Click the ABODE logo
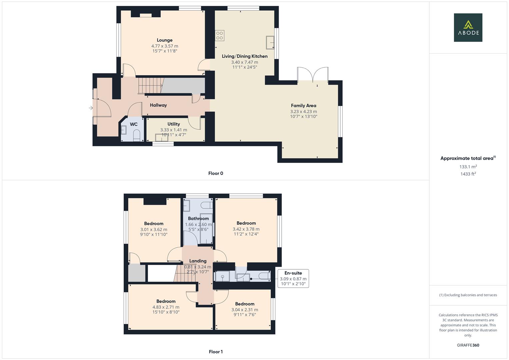click(x=468, y=28)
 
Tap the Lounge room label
click(x=165, y=40)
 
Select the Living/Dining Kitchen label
click(x=245, y=56)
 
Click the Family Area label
click(x=303, y=106)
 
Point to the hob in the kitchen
click(x=219, y=35)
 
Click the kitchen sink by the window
click(x=270, y=43)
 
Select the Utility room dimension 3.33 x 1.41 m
click(x=173, y=130)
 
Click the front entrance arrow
click(x=91, y=108)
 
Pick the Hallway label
click(x=158, y=105)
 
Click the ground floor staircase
click(x=150, y=85)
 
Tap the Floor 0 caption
click(x=215, y=173)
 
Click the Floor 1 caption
click(x=215, y=352)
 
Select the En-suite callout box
click(x=293, y=279)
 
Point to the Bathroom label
click(x=198, y=219)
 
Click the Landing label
click(x=198, y=261)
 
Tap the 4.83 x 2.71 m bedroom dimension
click(x=166, y=307)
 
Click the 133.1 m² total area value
click(x=468, y=167)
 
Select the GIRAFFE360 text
click(x=468, y=345)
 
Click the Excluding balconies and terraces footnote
click(x=468, y=295)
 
